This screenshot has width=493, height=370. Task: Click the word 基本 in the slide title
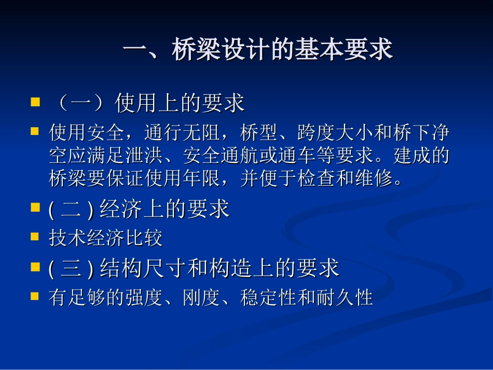click(x=319, y=49)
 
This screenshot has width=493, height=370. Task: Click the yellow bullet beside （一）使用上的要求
click(x=35, y=102)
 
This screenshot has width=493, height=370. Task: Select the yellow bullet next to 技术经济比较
click(x=35, y=237)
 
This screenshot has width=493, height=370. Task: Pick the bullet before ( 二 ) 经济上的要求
click(x=35, y=207)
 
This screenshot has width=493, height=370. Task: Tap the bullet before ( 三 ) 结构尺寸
click(x=35, y=267)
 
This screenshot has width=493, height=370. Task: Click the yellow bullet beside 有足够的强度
click(x=35, y=296)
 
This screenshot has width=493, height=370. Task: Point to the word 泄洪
click(x=144, y=155)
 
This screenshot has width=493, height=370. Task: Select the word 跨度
click(x=316, y=132)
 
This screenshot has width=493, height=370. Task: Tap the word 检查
click(x=316, y=178)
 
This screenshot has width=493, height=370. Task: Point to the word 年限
click(x=201, y=178)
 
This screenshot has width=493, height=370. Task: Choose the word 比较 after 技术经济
click(x=144, y=238)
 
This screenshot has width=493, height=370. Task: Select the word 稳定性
click(x=268, y=297)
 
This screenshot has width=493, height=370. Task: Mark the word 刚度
click(x=201, y=297)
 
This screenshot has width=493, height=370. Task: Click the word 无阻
click(x=201, y=132)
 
